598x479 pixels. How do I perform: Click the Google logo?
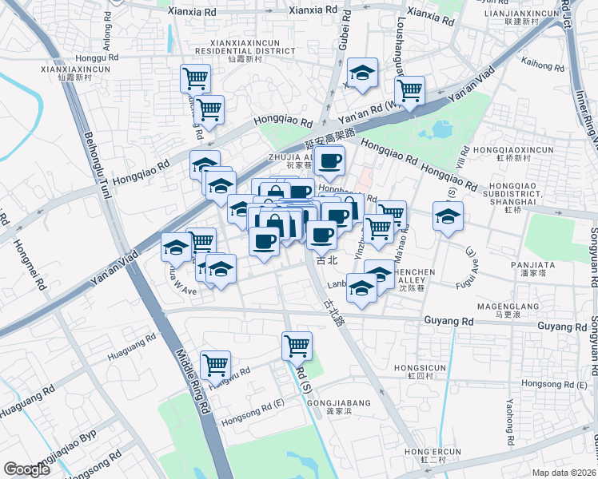pos(28,469)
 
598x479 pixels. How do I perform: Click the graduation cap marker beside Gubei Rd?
pos(362,74)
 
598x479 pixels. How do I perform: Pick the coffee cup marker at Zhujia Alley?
pos(329,160)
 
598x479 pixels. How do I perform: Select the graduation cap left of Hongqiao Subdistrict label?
pos(448,215)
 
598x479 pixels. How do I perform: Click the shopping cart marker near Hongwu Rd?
pos(215,365)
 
